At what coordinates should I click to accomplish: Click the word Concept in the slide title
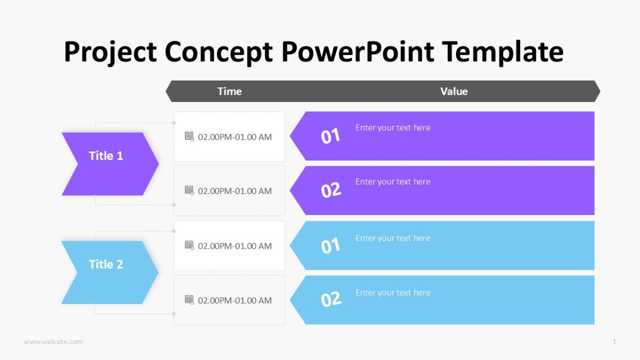click(219, 52)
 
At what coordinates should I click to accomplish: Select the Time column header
click(229, 91)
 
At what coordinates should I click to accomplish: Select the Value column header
click(454, 91)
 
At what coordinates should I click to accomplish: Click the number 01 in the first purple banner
click(331, 137)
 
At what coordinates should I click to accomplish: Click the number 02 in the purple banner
click(331, 190)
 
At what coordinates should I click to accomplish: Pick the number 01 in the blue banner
click(331, 246)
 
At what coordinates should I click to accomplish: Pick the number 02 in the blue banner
click(331, 300)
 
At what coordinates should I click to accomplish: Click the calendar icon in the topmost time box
click(189, 137)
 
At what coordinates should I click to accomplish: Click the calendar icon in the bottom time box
click(189, 300)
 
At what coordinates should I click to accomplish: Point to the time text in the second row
click(235, 191)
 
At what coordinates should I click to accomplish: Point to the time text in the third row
click(235, 246)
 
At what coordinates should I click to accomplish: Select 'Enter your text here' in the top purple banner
click(393, 127)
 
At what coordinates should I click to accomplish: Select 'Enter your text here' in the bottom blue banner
click(393, 292)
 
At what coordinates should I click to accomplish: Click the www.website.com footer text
click(53, 341)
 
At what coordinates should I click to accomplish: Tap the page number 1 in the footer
click(614, 341)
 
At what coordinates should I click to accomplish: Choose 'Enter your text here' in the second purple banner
click(393, 181)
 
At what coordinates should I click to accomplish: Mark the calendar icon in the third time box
click(189, 245)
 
